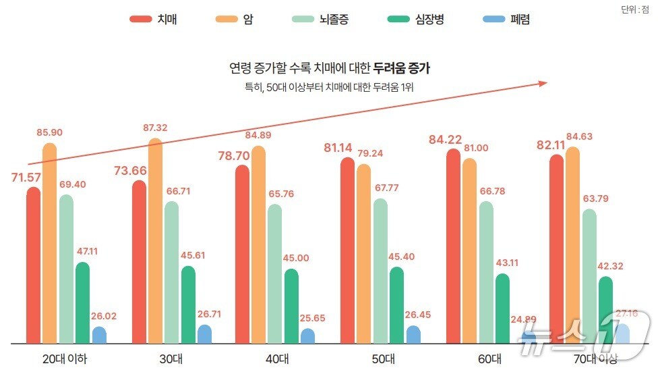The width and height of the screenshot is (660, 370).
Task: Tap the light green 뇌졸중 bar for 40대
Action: [274, 273]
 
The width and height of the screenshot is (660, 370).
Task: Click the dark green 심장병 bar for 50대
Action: [396, 305]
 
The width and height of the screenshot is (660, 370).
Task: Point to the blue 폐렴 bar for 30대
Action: [204, 334]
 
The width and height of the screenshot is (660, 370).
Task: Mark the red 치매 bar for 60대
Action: [454, 246]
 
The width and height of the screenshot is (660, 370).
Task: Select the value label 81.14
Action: [340, 147]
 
